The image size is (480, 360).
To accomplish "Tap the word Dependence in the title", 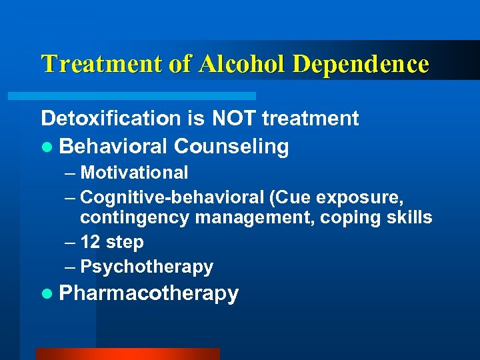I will tap(360, 64).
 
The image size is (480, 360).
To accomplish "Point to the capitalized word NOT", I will tap(234, 119).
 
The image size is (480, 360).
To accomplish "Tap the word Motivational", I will tap(134, 173).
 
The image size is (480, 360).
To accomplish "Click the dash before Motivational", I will tap(71, 173).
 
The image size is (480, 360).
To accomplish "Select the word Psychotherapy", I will tap(147, 267).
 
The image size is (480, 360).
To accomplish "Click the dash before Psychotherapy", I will tap(71, 267).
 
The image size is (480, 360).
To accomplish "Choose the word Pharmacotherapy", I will tap(149, 293).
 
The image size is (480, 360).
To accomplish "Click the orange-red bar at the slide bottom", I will tap(127, 354).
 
